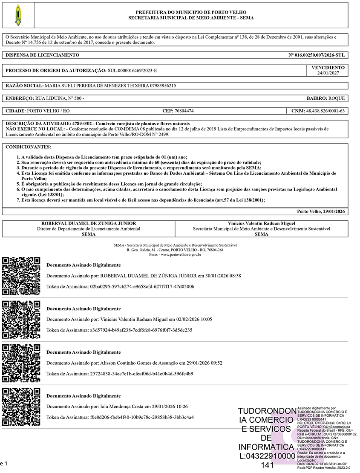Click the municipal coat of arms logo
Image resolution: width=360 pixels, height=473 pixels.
click(x=17, y=15)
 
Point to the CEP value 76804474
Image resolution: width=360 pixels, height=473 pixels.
click(x=184, y=111)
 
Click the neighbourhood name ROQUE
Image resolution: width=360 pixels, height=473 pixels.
click(x=336, y=98)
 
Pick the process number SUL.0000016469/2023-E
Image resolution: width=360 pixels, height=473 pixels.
click(x=135, y=70)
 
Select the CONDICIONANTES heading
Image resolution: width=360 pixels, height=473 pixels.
click(x=28, y=147)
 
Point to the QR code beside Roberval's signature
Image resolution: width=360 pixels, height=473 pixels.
click(x=21, y=276)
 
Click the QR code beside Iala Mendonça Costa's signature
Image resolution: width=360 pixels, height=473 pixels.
click(x=21, y=407)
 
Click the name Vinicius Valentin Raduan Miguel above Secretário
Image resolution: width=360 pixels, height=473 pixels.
click(x=261, y=223)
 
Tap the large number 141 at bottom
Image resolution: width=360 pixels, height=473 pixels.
click(x=267, y=465)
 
